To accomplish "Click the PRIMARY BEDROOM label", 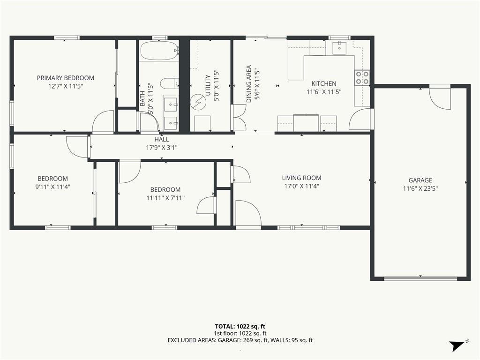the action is pos(66,78).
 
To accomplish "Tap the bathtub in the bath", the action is pos(159,51).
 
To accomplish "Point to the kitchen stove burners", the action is pos(362,77).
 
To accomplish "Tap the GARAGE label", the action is pos(420,180).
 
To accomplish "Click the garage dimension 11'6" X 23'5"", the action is pos(420,188).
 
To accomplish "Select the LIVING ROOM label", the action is pos(301,178).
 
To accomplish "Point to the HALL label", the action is pos(162,140).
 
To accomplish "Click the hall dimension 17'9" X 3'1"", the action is pos(162,148).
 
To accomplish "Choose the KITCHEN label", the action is pos(324,83).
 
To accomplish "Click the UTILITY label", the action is pos(208,85).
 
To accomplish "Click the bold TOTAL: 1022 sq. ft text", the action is pos(240,326).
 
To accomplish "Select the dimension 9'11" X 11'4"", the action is pos(52,187).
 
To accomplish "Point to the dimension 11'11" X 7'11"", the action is pos(165,198).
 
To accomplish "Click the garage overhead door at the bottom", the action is pos(420,278).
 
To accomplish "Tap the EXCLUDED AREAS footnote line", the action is pos(240,340).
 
